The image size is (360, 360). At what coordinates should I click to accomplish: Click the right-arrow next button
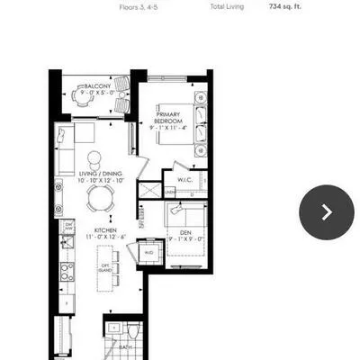click(326, 211)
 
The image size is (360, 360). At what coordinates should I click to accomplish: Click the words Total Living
click(227, 6)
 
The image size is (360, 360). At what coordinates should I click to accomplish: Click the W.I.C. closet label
click(186, 179)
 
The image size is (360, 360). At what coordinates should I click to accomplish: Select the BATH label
click(126, 346)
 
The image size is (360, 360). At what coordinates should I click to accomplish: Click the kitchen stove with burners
click(65, 270)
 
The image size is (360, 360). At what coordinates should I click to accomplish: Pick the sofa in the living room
click(65, 148)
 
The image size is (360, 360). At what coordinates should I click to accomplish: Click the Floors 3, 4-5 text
click(143, 6)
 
